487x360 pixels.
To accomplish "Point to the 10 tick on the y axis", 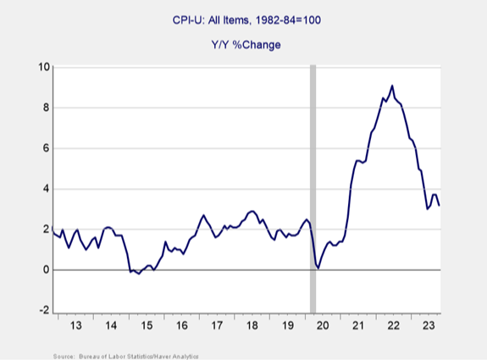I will pyautogui.click(x=40, y=67).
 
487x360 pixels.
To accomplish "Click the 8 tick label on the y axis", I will pyautogui.click(x=42, y=108).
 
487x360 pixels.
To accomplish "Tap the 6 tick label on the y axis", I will pyautogui.click(x=42, y=148).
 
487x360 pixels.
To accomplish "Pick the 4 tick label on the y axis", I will pyautogui.click(x=42, y=189).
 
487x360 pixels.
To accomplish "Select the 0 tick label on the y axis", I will pyautogui.click(x=42, y=270).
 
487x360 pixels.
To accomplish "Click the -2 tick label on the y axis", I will pyautogui.click(x=41, y=311).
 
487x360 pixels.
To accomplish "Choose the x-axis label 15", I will pyautogui.click(x=147, y=325).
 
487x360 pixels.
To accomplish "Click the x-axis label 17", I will pyautogui.click(x=217, y=325).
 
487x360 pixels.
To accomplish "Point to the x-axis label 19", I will pyautogui.click(x=286, y=325).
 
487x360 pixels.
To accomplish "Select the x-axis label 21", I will pyautogui.click(x=357, y=325).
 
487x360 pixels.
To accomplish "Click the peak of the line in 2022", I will pyautogui.click(x=391, y=86).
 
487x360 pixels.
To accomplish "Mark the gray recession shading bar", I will pyautogui.click(x=313, y=186).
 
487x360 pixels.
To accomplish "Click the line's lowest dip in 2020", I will pyautogui.click(x=318, y=269).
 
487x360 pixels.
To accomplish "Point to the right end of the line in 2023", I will pyautogui.click(x=439, y=205).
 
